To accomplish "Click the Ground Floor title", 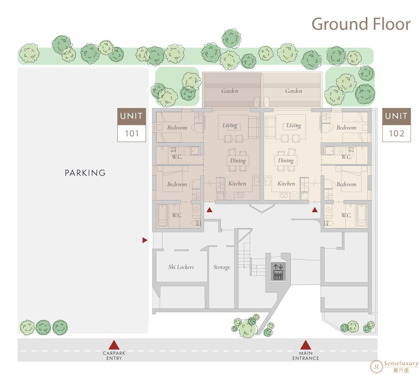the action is coord(361,24).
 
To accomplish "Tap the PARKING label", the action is coord(85,173).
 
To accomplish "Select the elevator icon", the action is coord(278,272).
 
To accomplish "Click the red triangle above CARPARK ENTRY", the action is coord(114,344).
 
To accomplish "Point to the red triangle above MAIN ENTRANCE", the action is coord(306,344).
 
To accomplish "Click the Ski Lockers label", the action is coord(181,267).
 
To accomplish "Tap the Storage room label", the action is coord(222,267).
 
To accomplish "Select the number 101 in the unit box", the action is coord(132,134).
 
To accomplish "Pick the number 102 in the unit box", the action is coord(396,134).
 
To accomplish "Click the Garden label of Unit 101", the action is coord(230,91).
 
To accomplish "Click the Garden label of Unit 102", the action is coord(294,91).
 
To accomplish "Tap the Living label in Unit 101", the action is coord(230,126).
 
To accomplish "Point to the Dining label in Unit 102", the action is coord(286,161).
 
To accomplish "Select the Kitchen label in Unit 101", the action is coord(237,184).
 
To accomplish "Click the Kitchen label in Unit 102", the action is coord(286,184).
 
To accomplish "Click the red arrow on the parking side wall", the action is coord(145,240).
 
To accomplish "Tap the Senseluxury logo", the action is coord(394,366).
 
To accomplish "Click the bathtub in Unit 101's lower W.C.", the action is coord(163,216).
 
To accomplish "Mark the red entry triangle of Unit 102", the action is coord(315,210).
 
